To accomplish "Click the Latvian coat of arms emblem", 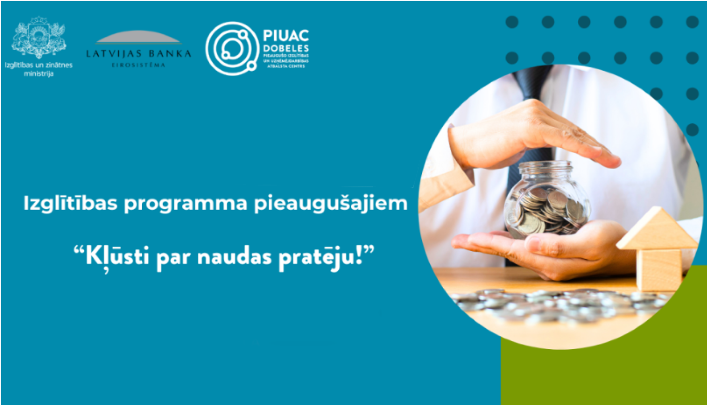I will pyautogui.click(x=39, y=38).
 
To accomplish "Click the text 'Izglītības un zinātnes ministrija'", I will pyautogui.click(x=39, y=69).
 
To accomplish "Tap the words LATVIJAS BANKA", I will pyautogui.click(x=138, y=54).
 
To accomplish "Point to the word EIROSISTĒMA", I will pyautogui.click(x=138, y=65).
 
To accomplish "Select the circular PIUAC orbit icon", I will pyautogui.click(x=232, y=48).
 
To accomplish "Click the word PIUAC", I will pyautogui.click(x=286, y=36).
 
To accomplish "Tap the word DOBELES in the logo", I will pyautogui.click(x=286, y=49).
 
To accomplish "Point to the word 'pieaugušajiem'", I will pyautogui.click(x=330, y=204).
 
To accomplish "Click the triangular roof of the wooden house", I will pyautogui.click(x=658, y=229).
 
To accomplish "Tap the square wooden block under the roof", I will pyautogui.click(x=660, y=269).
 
